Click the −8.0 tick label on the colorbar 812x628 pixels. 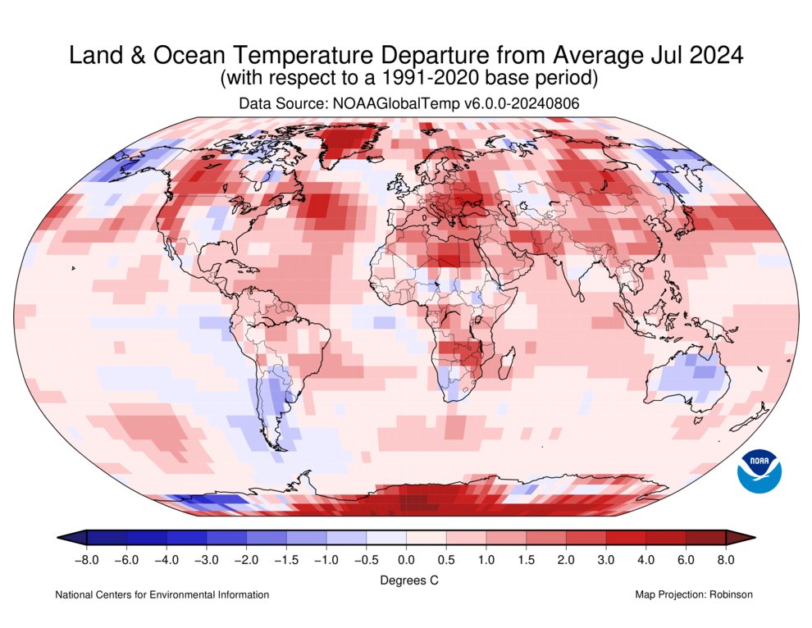click(86, 560)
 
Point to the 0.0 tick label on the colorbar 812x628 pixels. click(406, 560)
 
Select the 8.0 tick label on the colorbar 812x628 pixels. click(726, 560)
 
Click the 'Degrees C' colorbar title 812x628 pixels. click(406, 580)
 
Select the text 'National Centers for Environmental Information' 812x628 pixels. click(162, 594)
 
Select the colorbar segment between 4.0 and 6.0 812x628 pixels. click(666, 537)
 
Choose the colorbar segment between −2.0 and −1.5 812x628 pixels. click(266, 537)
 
